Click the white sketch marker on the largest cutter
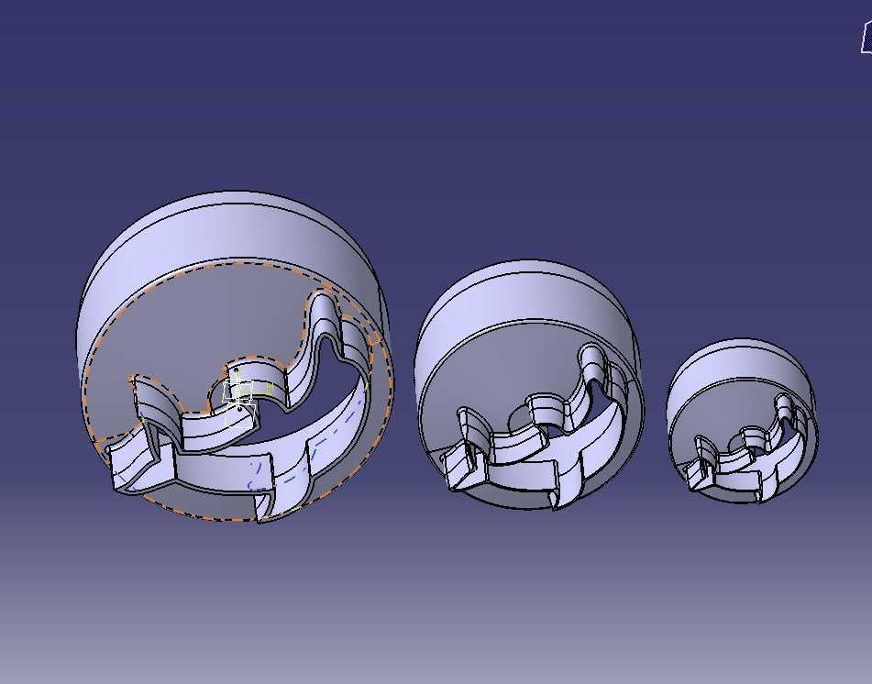coord(239,395)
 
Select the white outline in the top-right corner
coord(866,39)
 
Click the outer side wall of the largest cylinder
coord(229,229)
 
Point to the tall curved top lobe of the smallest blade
coord(785,408)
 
